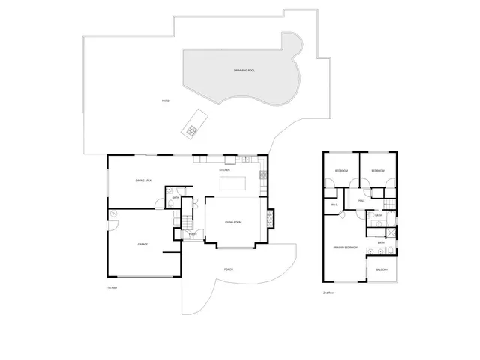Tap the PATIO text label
click(x=164, y=100)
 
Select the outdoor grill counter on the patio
click(x=193, y=123)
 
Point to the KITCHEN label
click(x=225, y=170)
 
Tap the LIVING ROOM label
click(x=233, y=223)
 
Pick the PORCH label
click(x=227, y=269)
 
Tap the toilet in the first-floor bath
click(x=172, y=202)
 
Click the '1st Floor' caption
click(x=112, y=287)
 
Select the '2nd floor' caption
click(x=328, y=292)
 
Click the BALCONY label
click(x=381, y=269)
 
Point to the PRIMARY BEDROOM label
click(x=345, y=247)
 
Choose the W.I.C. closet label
click(x=334, y=205)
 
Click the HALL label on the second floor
click(x=361, y=201)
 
